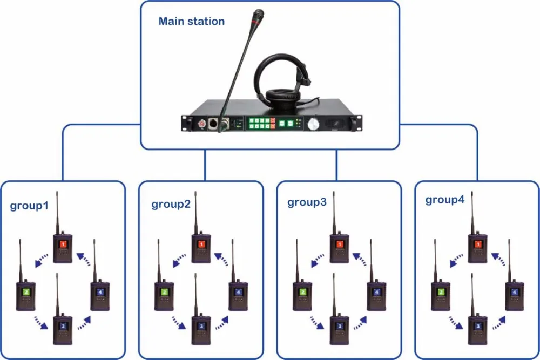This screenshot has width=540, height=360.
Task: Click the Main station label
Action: pos(191,22)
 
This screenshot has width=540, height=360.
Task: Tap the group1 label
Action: pos(29,206)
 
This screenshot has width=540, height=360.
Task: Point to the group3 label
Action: pos(307,203)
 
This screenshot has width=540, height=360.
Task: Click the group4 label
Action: pos(444,200)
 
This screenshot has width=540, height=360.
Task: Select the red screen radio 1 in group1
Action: pos(63,247)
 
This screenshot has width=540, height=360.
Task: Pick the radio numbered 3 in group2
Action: pos(201,329)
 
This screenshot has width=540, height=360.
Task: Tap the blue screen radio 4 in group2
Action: pos(238,294)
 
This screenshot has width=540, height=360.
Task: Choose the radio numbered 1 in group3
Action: pos(340,247)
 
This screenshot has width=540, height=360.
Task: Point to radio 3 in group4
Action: pos(477,329)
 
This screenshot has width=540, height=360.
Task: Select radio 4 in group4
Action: pos(515,294)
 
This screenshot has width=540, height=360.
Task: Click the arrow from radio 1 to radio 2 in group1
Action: pos(39,261)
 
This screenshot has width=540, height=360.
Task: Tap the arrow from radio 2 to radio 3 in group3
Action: pos(317,322)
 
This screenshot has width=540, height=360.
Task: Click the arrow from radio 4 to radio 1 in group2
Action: pos(222,258)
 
